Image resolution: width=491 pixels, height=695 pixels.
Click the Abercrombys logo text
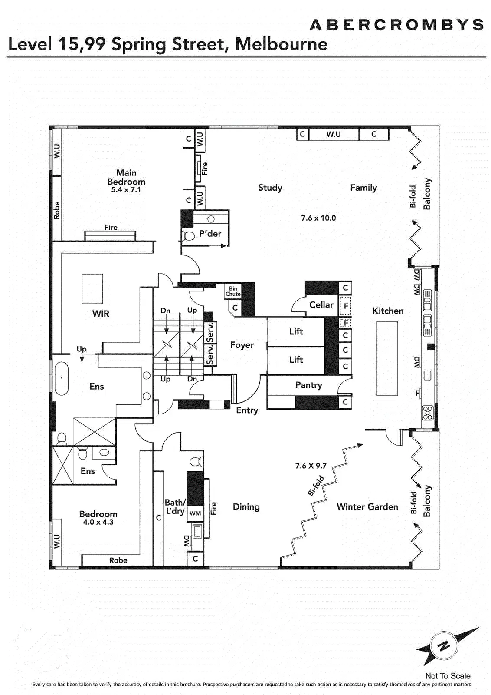396,25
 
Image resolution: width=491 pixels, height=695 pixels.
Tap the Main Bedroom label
126,177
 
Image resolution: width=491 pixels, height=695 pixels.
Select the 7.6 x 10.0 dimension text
318,218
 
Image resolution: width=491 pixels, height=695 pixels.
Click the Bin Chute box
232,291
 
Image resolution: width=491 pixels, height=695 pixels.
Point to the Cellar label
321,304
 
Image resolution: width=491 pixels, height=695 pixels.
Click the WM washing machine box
195,513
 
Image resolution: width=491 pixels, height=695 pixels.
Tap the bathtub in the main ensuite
62,377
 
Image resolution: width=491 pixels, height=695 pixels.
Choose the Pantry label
308,385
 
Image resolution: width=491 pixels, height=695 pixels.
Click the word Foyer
242,345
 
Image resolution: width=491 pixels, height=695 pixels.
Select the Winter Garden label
367,506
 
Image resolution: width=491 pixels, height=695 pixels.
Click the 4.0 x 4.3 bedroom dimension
98,522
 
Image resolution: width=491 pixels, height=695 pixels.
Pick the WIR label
101,313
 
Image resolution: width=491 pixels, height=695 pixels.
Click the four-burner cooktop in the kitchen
428,413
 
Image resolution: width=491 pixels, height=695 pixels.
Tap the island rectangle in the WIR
92,288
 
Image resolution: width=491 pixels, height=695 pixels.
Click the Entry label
247,410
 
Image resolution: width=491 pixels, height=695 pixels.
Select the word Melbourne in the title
281,44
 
